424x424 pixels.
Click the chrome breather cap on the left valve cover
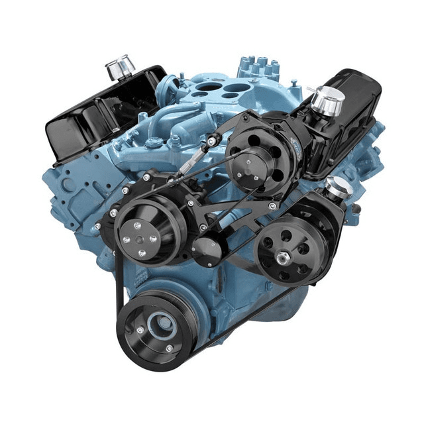(x=119, y=67)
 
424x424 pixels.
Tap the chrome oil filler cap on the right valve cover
(x=327, y=99)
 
